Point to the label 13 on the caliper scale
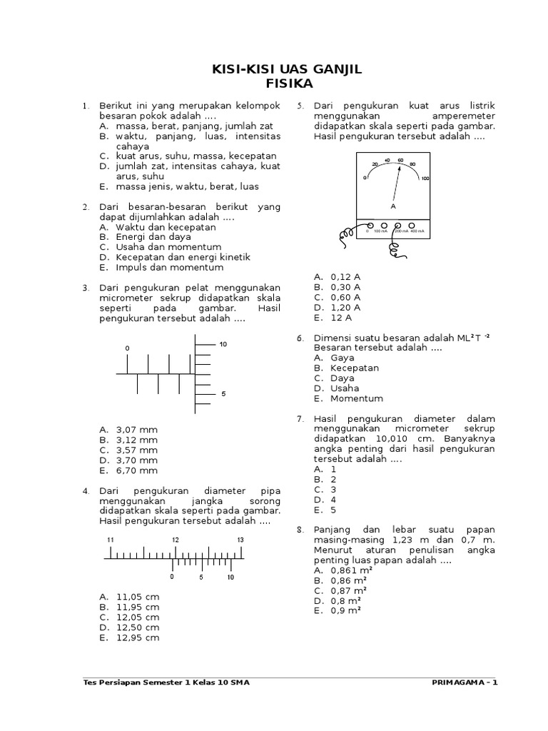tap(240, 540)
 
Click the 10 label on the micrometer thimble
tap(223, 344)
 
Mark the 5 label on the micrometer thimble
tap(223, 393)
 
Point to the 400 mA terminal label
tap(418, 231)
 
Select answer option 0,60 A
tap(345, 297)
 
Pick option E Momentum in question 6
tap(356, 398)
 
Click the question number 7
tap(300, 419)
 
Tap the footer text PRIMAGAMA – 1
tap(465, 682)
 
